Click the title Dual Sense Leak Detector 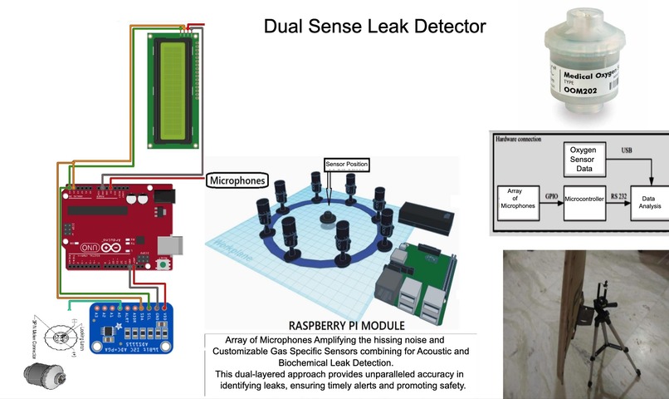[x=374, y=27]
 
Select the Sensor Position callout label [x=346, y=165]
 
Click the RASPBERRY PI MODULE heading [x=346, y=325]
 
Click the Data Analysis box [x=650, y=199]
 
